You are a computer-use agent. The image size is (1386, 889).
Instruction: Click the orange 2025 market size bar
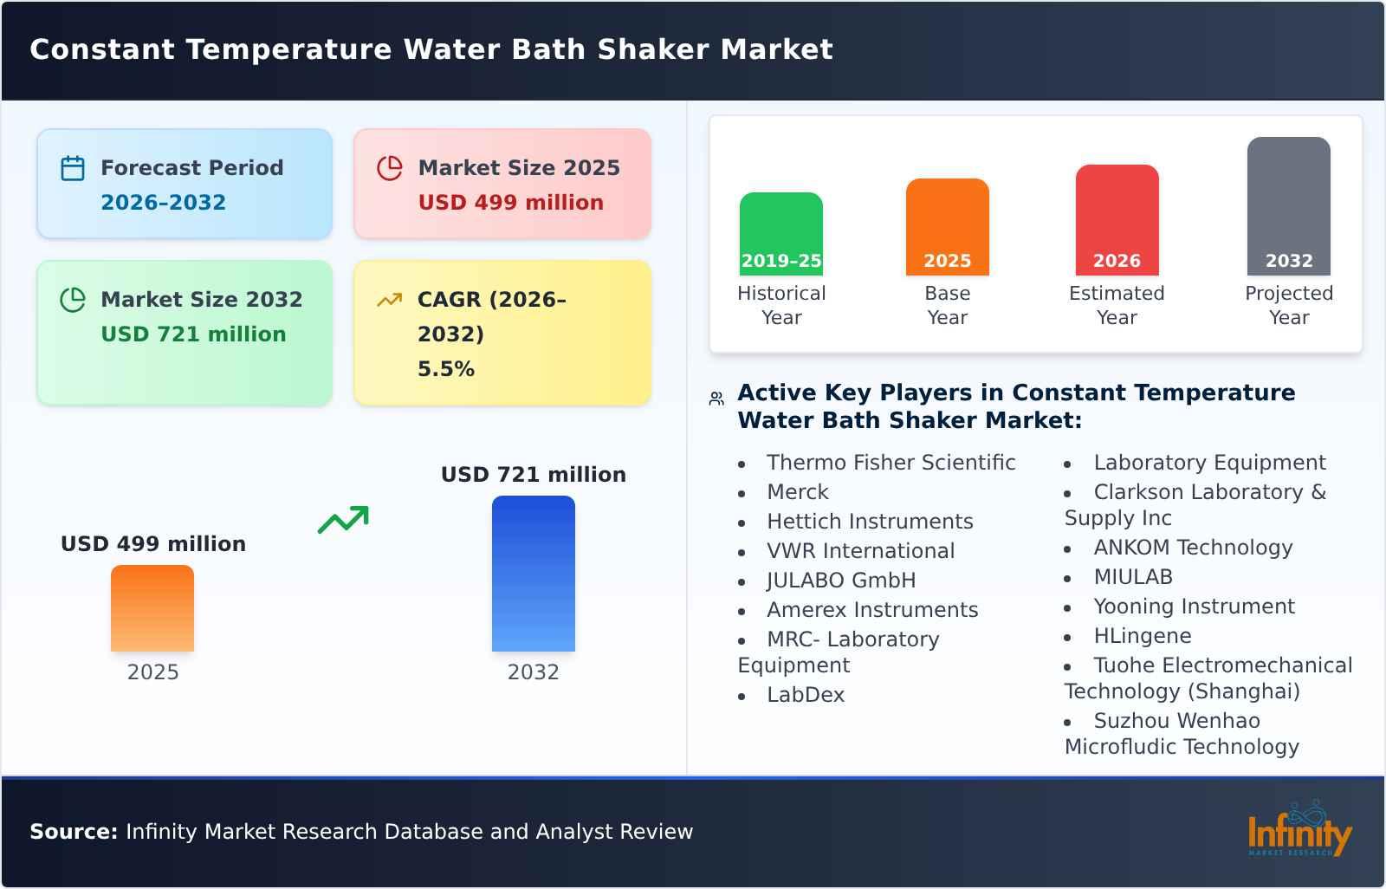pyautogui.click(x=152, y=608)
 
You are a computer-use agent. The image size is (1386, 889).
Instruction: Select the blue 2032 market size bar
pyautogui.click(x=533, y=574)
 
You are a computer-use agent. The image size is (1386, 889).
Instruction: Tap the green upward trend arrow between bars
pyautogui.click(x=343, y=520)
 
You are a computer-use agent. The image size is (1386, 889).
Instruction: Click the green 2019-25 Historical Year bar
pyautogui.click(x=780, y=233)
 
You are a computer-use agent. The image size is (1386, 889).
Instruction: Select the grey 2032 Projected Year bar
pyautogui.click(x=1288, y=205)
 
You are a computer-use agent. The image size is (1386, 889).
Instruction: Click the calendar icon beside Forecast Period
pyautogui.click(x=73, y=168)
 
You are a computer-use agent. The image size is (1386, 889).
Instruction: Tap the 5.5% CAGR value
pyautogui.click(x=445, y=369)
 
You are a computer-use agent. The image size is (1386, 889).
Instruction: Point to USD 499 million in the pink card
pyautogui.click(x=510, y=203)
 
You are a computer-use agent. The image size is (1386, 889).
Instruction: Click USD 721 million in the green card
pyautogui.click(x=193, y=334)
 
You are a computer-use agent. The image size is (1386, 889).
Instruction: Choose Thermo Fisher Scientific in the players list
pyautogui.click(x=891, y=463)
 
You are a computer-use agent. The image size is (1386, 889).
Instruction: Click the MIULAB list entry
pyautogui.click(x=1132, y=577)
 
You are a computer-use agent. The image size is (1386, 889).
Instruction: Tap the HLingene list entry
pyautogui.click(x=1142, y=636)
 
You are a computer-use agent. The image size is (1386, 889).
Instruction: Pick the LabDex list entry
pyautogui.click(x=805, y=695)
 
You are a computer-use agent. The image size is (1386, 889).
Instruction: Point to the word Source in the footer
pyautogui.click(x=73, y=832)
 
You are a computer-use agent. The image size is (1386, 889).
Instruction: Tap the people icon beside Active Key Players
pyautogui.click(x=716, y=399)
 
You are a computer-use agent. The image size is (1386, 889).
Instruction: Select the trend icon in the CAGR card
pyautogui.click(x=389, y=300)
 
